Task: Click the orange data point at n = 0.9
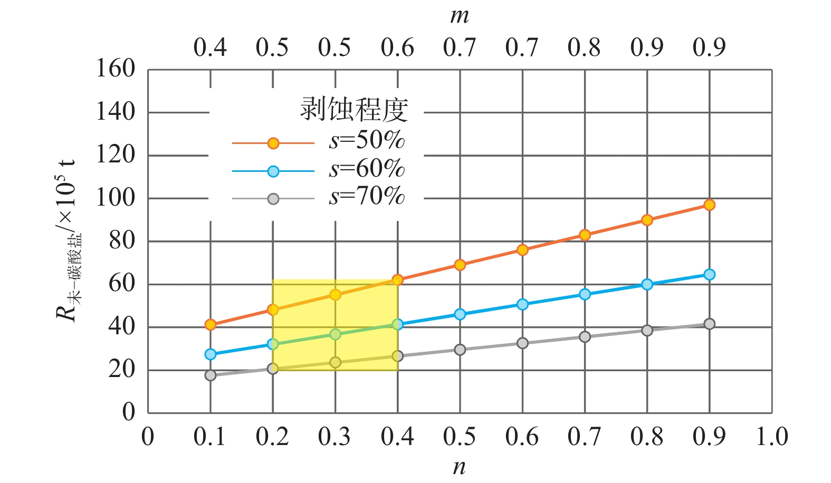click(709, 205)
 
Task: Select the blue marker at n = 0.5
click(460, 314)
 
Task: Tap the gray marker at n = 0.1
click(211, 375)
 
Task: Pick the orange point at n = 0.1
click(211, 325)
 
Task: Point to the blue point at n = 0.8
click(647, 284)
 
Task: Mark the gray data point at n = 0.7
click(585, 337)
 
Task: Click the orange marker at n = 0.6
click(522, 250)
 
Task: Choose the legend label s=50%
click(367, 140)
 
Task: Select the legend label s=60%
click(367, 169)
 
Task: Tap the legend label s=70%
click(367, 197)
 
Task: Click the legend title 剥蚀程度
click(354, 110)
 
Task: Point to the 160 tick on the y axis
click(115, 69)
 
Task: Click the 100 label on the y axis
click(115, 198)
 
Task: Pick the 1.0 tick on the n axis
click(771, 437)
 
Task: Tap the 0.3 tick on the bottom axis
click(335, 437)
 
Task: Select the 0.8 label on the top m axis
click(584, 48)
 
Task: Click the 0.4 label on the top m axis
click(210, 48)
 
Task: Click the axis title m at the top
click(459, 16)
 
